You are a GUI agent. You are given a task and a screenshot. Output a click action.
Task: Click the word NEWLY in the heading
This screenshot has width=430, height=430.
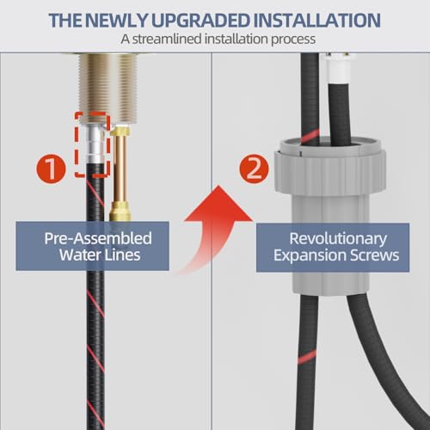click(x=116, y=21)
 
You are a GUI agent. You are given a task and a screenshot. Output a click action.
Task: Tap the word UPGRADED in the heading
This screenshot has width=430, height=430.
click(x=200, y=21)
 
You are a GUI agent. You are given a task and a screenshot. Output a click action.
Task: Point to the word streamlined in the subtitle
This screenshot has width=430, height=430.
click(x=167, y=39)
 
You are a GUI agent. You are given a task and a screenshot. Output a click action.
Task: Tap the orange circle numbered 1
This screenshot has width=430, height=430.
click(x=51, y=169)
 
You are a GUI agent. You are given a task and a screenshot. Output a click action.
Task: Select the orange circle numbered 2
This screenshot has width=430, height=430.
click(x=254, y=169)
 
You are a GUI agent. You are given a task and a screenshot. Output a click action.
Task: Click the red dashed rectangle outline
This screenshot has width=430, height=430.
click(x=77, y=144)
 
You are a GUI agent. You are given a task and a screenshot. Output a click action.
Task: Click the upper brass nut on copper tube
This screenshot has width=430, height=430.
click(x=120, y=131)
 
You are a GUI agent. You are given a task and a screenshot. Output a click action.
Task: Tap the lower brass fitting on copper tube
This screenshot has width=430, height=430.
click(x=120, y=212)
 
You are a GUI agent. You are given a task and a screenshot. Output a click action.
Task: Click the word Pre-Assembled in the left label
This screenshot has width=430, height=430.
click(x=98, y=238)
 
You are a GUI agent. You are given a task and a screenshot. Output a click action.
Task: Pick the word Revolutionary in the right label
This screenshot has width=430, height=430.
click(x=338, y=239)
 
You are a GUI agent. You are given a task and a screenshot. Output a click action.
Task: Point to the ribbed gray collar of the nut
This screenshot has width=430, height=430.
click(x=330, y=172)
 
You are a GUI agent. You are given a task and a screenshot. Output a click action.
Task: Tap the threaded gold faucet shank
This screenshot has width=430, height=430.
click(x=108, y=89)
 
